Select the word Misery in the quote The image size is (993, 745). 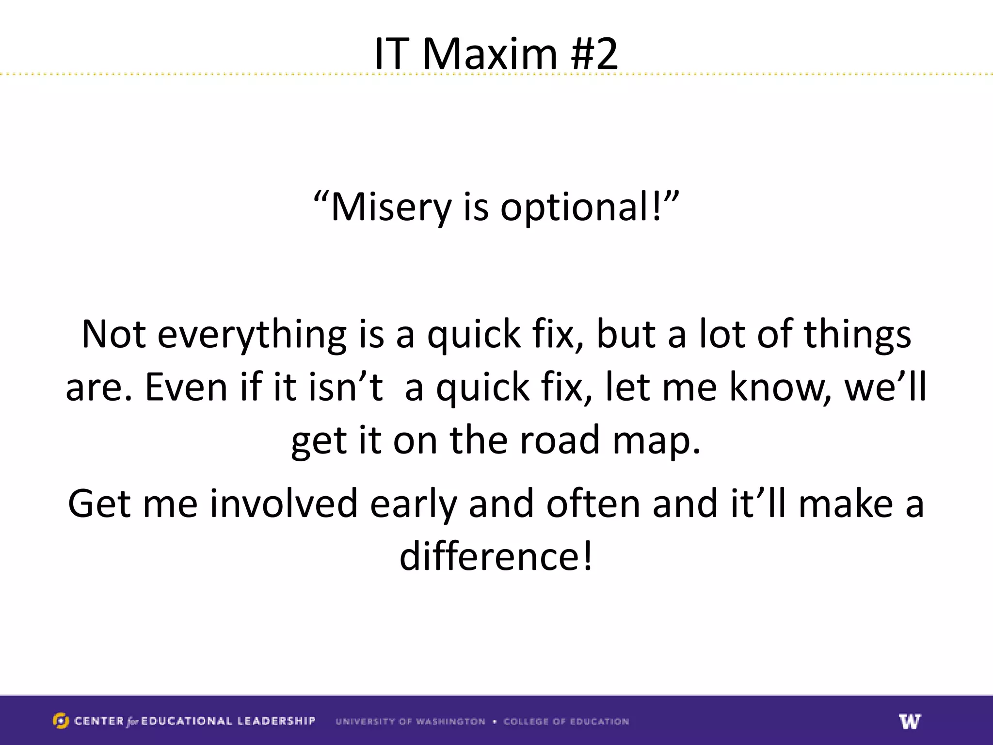click(391, 208)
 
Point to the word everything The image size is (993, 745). click(252, 335)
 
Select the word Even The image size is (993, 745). click(186, 388)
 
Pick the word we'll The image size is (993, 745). click(885, 388)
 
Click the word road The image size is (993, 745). click(560, 440)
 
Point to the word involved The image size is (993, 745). click(284, 504)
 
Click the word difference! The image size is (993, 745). click(496, 556)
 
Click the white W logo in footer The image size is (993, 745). click(910, 721)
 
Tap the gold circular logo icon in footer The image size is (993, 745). click(61, 721)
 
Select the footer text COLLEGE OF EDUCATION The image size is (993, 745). click(566, 721)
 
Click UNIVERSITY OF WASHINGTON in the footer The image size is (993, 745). click(410, 721)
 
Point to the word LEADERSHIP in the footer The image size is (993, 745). click(276, 721)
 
